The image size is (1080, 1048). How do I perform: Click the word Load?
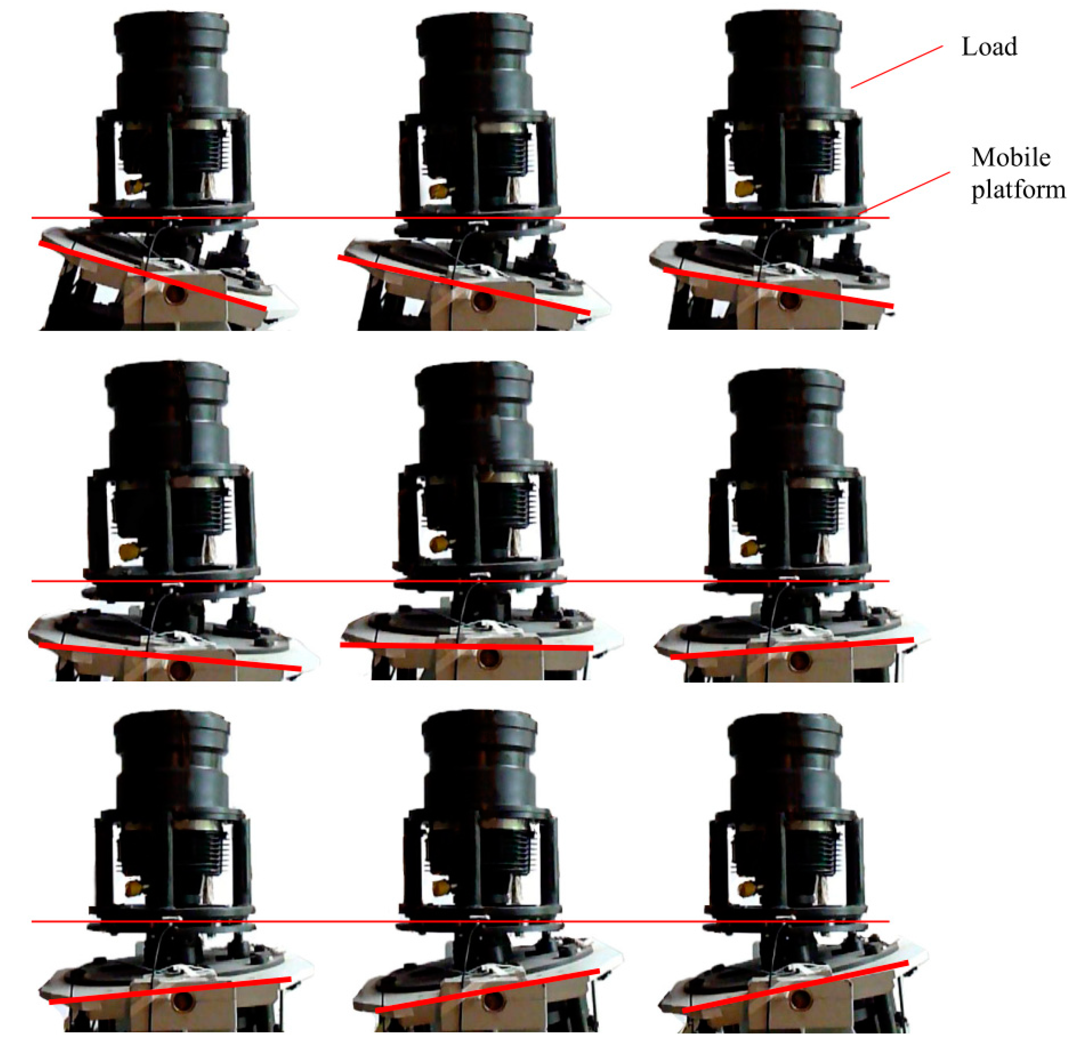pos(989,47)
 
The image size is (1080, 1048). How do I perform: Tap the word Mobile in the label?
pos(1011,158)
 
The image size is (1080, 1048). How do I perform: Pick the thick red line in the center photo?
pos(466,646)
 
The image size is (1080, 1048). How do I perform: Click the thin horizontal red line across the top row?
pos(460,218)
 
